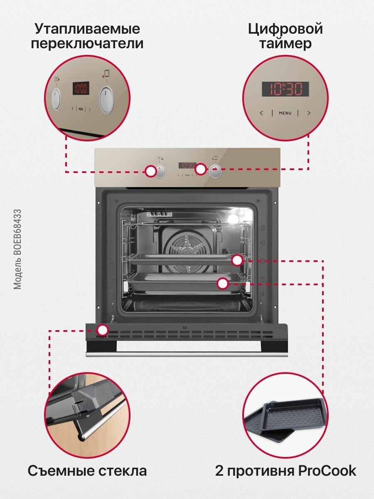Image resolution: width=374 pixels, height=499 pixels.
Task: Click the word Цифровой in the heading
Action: point(285,29)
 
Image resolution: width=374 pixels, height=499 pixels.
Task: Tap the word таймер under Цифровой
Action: point(285,44)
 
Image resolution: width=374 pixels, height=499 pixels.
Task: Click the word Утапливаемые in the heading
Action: point(87,29)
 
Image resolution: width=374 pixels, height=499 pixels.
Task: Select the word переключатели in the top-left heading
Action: point(87,44)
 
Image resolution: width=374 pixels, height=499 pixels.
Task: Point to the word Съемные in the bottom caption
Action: point(57,471)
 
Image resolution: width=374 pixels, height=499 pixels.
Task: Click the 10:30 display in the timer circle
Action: point(285,89)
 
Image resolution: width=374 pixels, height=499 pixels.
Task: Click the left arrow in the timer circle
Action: point(261,113)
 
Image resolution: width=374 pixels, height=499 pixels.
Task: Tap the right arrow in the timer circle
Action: point(309,113)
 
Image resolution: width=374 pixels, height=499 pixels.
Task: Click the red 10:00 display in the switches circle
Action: point(81,88)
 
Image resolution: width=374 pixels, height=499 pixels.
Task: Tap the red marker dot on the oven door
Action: point(102,331)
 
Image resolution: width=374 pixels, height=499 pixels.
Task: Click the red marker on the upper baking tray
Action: point(237,260)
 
